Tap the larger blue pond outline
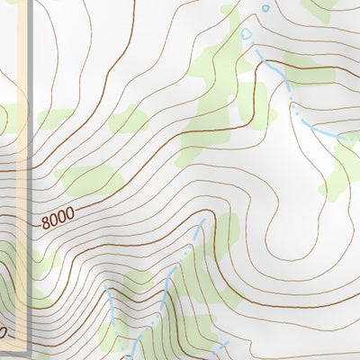pyautogui.click(x=247, y=34)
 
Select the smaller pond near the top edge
pyautogui.click(x=265, y=9)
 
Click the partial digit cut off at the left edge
pyautogui.click(x=3, y=334)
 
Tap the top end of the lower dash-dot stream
pyautogui.click(x=204, y=219)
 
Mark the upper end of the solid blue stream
pyautogui.click(x=106, y=286)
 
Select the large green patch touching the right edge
pyautogui.click(x=342, y=166)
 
